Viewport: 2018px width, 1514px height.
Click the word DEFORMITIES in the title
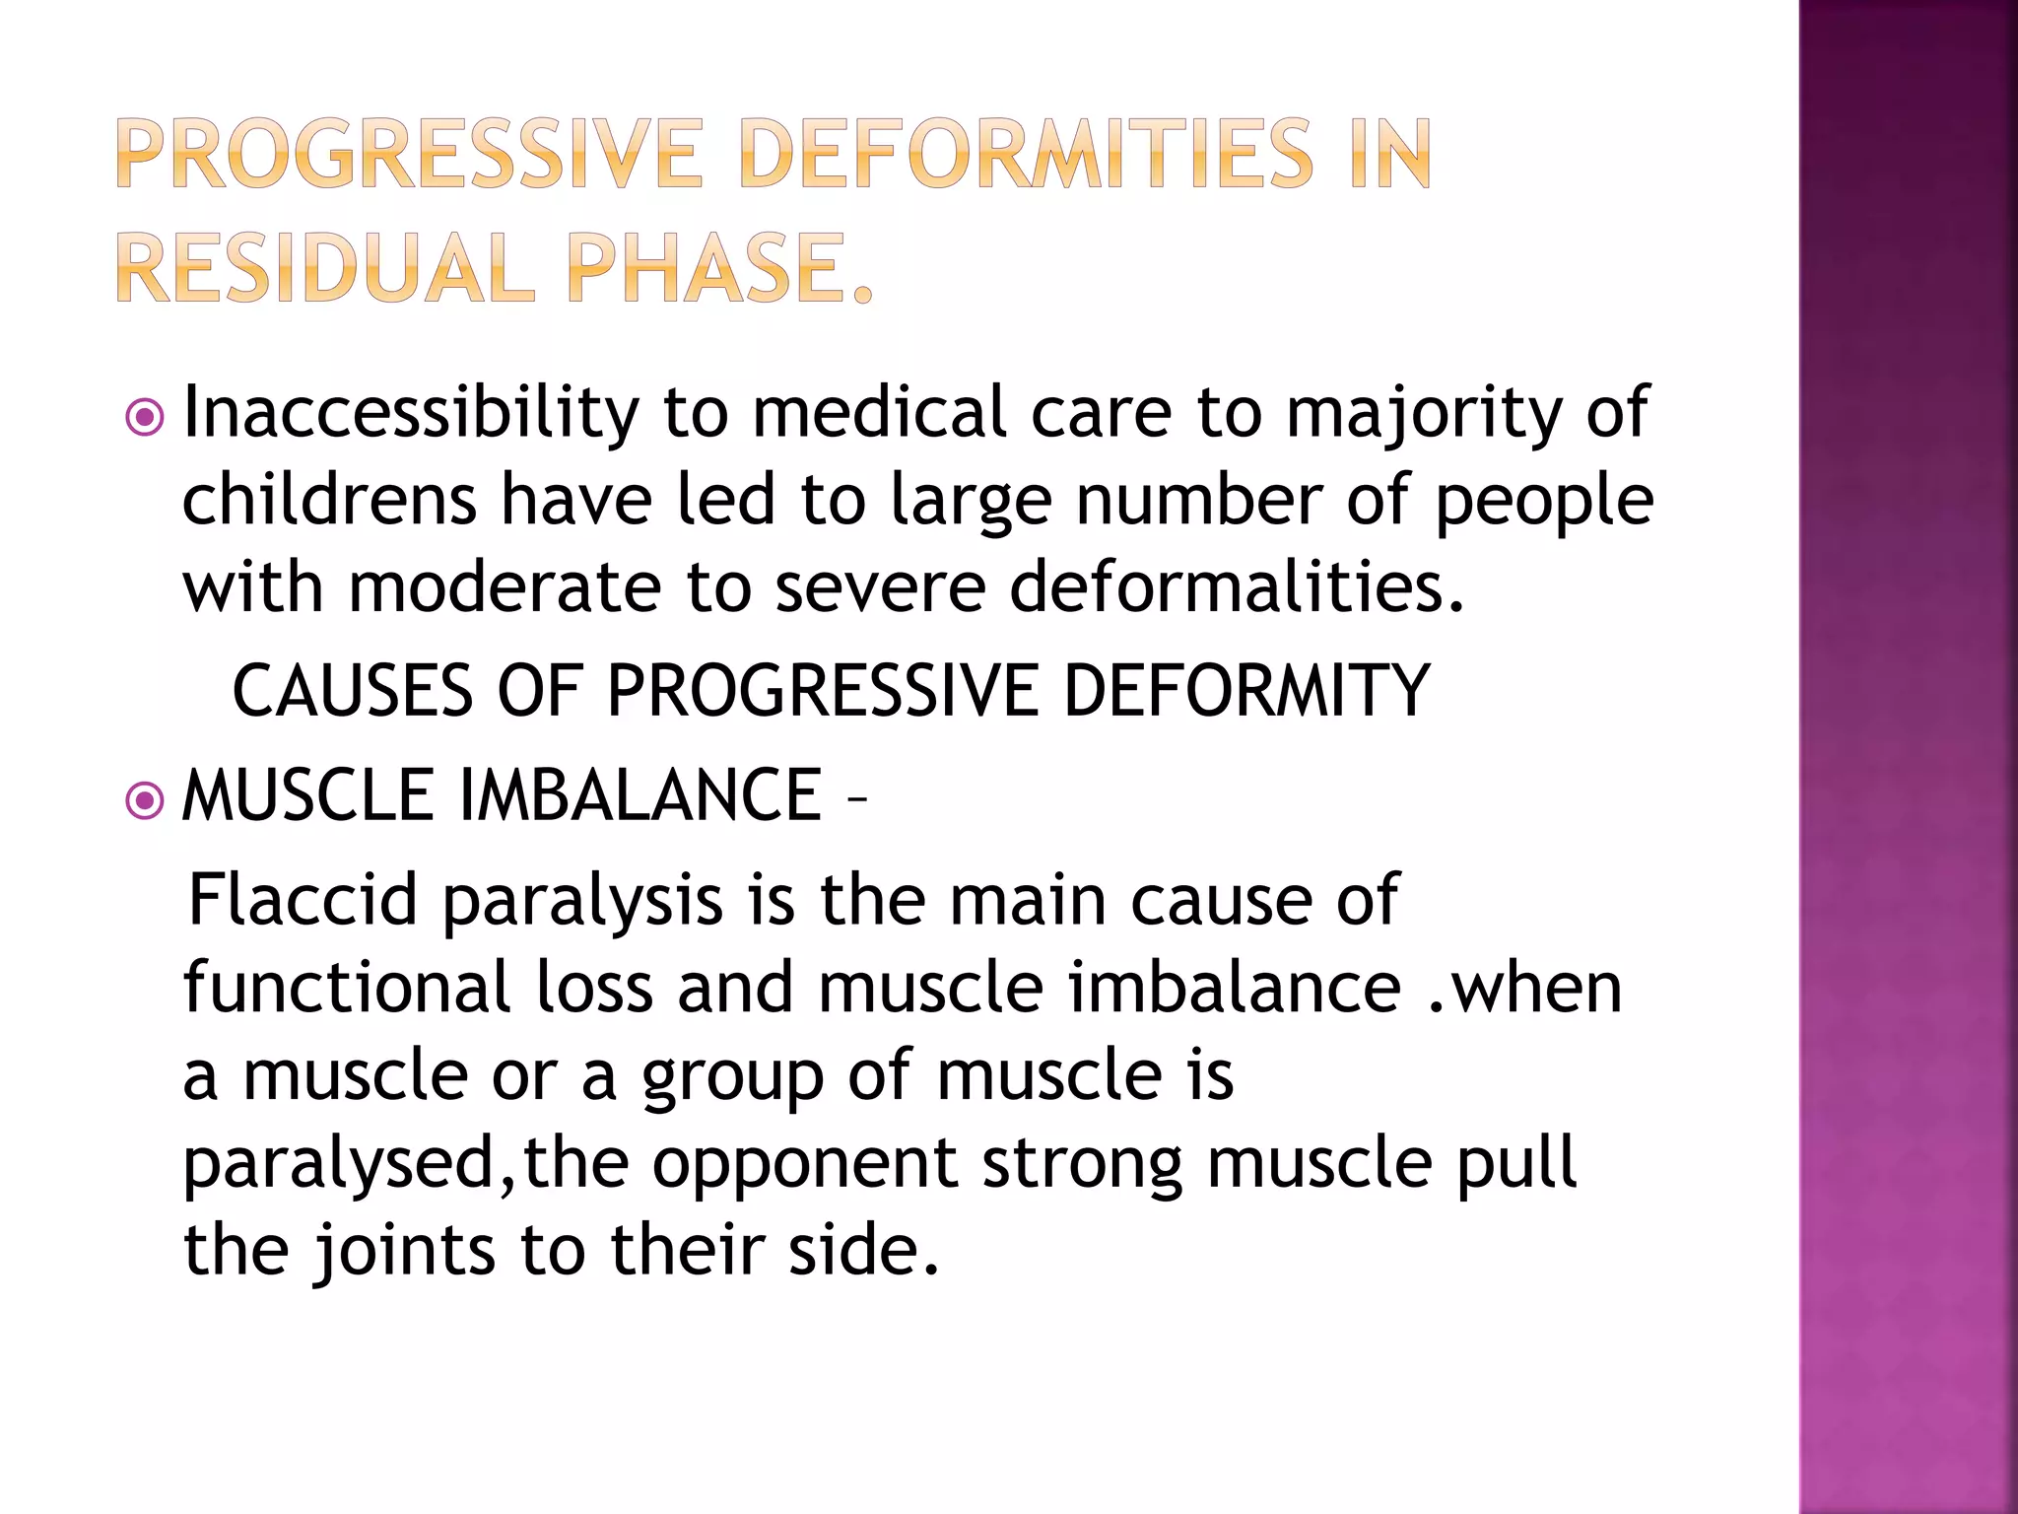(x=1025, y=154)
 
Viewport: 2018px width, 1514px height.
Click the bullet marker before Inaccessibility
(x=145, y=418)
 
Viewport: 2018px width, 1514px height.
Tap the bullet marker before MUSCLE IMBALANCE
(x=145, y=800)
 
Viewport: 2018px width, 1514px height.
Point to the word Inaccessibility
(x=411, y=414)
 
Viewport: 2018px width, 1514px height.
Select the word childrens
(x=329, y=500)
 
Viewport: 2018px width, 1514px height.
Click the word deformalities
(x=1237, y=587)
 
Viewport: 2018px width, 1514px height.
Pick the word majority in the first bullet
(x=1424, y=414)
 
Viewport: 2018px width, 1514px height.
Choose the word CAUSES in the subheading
(x=352, y=691)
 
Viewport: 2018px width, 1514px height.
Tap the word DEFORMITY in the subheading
(x=1245, y=691)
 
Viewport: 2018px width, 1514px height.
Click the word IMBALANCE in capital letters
(x=640, y=795)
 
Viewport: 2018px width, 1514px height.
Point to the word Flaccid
(x=303, y=901)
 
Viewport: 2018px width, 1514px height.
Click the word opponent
(x=804, y=1164)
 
